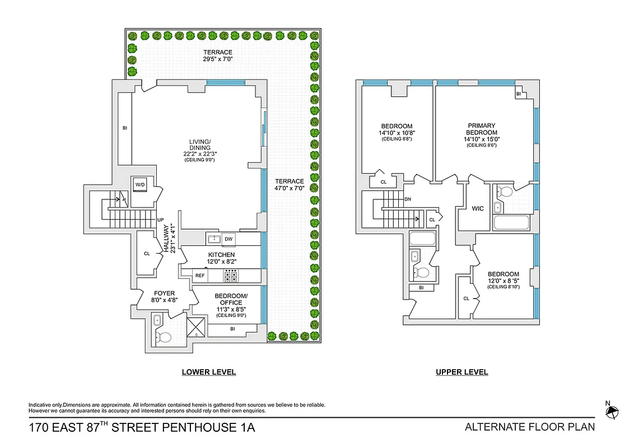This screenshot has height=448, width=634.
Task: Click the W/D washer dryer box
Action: (x=139, y=185)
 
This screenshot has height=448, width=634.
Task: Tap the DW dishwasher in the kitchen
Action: (x=228, y=239)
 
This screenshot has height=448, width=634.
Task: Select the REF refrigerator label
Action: (x=200, y=276)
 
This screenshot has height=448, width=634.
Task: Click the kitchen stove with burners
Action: (x=231, y=276)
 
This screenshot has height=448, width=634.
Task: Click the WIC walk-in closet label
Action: (x=478, y=209)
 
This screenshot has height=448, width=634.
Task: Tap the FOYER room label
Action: (x=164, y=293)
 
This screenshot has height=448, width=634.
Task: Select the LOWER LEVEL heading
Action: (x=208, y=372)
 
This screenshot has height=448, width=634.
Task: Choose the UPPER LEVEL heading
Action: (x=461, y=372)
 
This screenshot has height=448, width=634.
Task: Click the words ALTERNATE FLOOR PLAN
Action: (x=530, y=427)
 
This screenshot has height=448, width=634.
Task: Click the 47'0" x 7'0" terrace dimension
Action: (x=289, y=189)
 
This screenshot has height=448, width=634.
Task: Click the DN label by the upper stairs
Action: (x=408, y=199)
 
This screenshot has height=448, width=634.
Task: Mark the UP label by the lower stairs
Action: (x=161, y=220)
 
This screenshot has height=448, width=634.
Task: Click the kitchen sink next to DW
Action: (x=213, y=239)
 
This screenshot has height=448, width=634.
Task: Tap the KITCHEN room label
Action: (x=221, y=255)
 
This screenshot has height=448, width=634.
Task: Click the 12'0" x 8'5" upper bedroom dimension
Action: (x=502, y=281)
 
